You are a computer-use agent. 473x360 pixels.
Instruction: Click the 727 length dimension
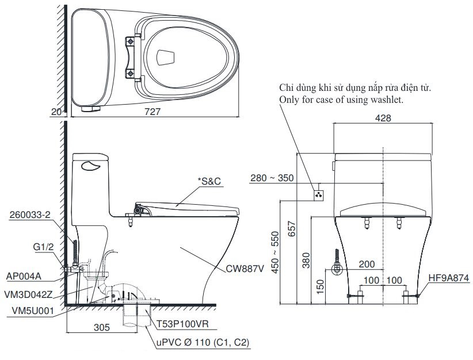[154, 113]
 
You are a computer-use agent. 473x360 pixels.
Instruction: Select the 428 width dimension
[383, 118]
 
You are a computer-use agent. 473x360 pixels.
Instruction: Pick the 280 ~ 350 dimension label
[272, 178]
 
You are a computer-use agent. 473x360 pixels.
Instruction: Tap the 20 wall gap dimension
[56, 113]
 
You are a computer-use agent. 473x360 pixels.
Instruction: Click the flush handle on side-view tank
[91, 167]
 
